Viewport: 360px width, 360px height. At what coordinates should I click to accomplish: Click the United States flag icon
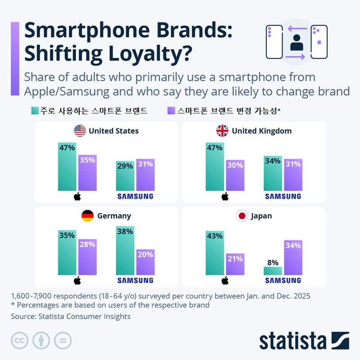pos(80,131)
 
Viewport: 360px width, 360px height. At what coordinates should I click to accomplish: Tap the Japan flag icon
pos(242,216)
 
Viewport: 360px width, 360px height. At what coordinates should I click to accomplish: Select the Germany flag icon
pos(87,216)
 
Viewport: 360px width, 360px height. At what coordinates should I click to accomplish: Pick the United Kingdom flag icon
pos(222,131)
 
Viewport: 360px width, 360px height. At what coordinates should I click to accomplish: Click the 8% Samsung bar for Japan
pos(273,270)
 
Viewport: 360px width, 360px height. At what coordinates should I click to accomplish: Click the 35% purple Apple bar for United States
pos(87,173)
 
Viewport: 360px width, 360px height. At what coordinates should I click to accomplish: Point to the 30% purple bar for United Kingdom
pos(235,175)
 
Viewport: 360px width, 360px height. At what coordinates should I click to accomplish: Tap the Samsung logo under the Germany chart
pos(135,280)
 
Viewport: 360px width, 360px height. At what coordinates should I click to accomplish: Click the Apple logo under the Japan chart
pos(225,281)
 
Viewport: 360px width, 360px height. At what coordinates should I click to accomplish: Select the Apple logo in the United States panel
pos(77,196)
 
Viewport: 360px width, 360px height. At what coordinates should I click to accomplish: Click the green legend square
pos(35,110)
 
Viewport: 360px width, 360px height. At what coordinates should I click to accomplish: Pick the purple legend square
pos(171,110)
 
